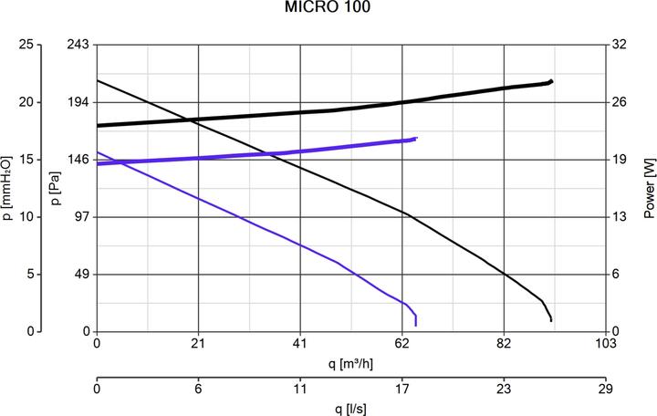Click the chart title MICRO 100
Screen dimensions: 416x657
point(328,8)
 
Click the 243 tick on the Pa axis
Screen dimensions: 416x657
point(78,45)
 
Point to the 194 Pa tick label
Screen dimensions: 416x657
point(78,102)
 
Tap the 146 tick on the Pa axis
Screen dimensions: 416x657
point(78,160)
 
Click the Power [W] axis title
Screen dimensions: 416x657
point(649,188)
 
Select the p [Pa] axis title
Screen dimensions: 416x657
point(57,188)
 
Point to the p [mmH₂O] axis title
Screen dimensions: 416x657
point(8,188)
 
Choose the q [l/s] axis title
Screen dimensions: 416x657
point(351,408)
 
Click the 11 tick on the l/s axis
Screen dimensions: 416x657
point(300,388)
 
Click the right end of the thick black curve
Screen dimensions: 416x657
point(551,81)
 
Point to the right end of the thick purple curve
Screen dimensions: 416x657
point(416,139)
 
